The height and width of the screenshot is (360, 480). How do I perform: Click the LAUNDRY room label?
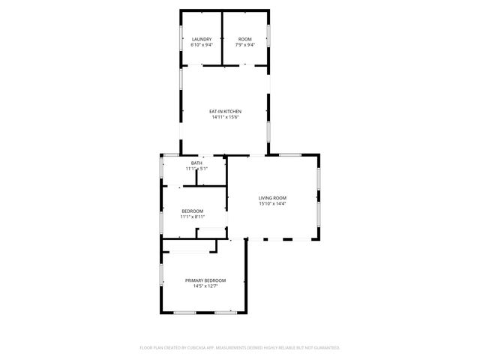202,39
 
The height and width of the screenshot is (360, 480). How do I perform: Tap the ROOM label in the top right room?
245,39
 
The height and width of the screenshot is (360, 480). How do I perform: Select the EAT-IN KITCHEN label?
225,112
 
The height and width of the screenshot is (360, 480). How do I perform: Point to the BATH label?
196,163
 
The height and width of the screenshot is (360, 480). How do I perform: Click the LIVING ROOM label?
273,198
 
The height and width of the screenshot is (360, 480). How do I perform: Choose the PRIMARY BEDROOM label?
205,280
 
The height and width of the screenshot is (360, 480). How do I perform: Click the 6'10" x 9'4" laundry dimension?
202,45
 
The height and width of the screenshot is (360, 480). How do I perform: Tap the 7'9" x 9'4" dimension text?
245,45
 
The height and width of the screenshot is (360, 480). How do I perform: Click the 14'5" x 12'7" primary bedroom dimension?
205,286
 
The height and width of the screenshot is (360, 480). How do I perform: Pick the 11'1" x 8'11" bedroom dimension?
193,217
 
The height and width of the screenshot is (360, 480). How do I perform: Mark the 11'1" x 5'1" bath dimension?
196,169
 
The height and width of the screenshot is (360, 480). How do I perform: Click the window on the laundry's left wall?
180,39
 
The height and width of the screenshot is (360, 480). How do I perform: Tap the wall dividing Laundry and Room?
223,37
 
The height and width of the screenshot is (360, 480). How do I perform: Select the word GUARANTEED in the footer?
327,348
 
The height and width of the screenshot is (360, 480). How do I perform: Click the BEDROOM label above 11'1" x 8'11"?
193,211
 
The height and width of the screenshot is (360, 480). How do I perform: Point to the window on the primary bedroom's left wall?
160,274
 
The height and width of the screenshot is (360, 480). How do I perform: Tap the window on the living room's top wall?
290,154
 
